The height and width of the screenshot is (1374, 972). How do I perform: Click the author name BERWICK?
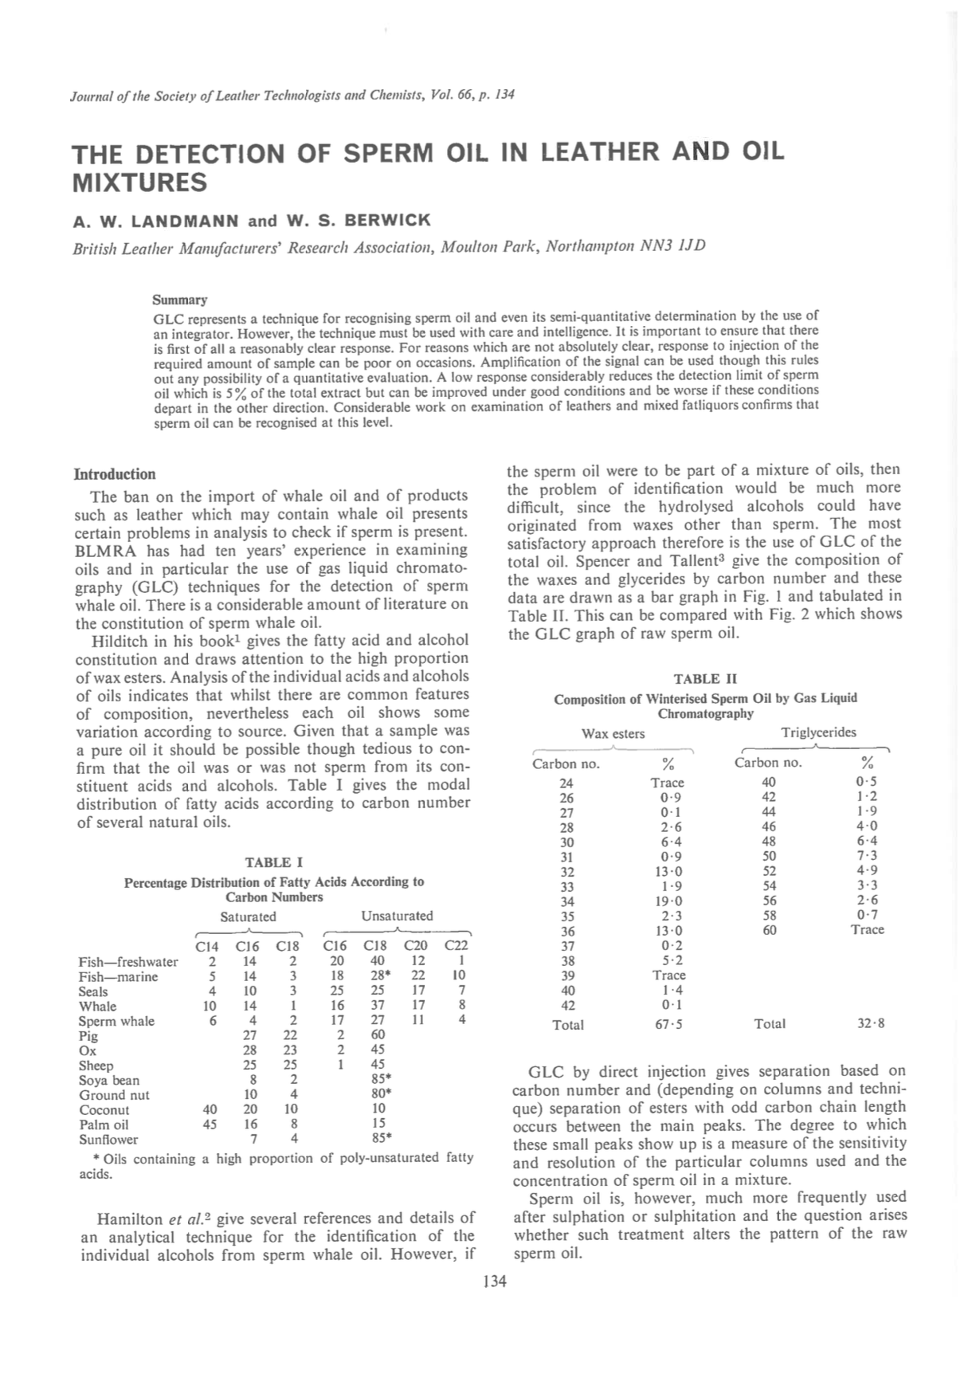pyautogui.click(x=386, y=220)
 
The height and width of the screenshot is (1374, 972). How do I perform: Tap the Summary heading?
pyautogui.click(x=179, y=300)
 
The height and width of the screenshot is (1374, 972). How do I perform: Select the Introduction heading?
pyautogui.click(x=115, y=474)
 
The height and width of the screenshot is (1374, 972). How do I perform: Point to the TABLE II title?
pyautogui.click(x=705, y=678)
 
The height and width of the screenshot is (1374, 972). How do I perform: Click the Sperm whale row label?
pyautogui.click(x=116, y=1022)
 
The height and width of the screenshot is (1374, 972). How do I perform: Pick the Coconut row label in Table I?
pyautogui.click(x=104, y=1110)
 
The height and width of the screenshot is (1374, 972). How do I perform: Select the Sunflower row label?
pyautogui.click(x=108, y=1140)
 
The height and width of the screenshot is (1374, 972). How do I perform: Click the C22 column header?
pyautogui.click(x=456, y=946)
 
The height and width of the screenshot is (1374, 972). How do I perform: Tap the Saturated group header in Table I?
pyautogui.click(x=248, y=917)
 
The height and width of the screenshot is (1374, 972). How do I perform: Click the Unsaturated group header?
pyautogui.click(x=397, y=916)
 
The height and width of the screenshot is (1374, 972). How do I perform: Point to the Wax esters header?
pyautogui.click(x=613, y=733)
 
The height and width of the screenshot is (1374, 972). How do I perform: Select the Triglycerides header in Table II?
pyautogui.click(x=819, y=732)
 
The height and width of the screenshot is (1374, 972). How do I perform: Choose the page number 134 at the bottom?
pyautogui.click(x=494, y=1282)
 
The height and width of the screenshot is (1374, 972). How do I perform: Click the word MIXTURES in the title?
pyautogui.click(x=139, y=183)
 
